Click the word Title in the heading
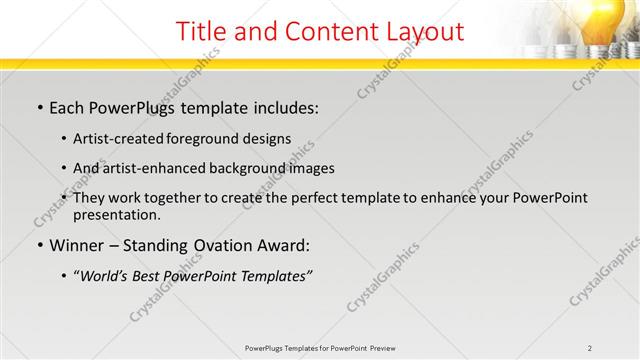tap(201, 31)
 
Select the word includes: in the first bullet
tap(282, 106)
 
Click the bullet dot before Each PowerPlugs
tap(39, 107)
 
